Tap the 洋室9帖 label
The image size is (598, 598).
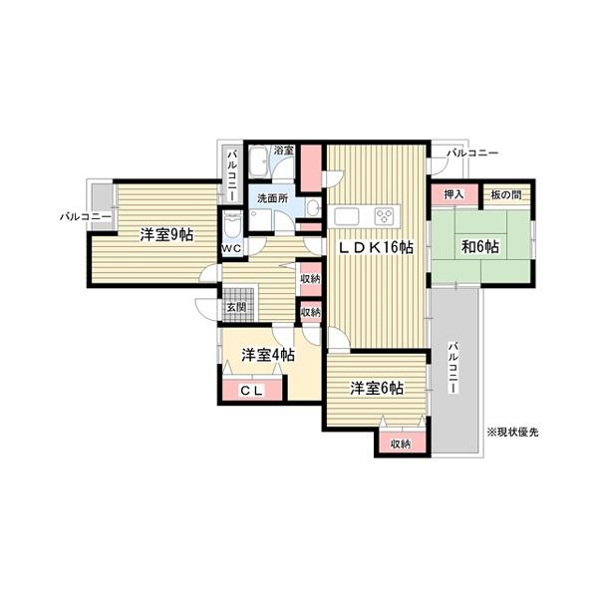pos(166,235)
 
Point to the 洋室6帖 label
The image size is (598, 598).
pos(376,388)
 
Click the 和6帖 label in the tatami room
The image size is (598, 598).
pos(480,248)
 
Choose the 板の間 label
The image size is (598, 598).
pos(508,194)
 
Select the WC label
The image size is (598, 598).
pos(231,248)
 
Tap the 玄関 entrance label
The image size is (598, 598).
pos(236,307)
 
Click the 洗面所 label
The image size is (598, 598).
pos(271,198)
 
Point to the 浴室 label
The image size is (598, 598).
pos(284,151)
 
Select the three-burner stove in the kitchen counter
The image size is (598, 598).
pos(384,215)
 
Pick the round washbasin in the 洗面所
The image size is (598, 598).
pos(313,208)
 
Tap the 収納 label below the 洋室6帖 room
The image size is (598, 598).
pos(401,445)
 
